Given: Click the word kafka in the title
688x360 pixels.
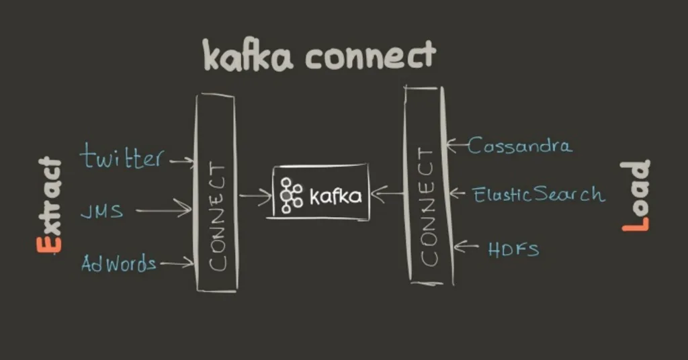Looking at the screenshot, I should pos(248,56).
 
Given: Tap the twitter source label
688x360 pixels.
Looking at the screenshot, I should pos(122,157).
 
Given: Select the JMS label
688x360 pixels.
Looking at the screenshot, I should pos(101,212).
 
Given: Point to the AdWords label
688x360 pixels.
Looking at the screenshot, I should pos(118,263).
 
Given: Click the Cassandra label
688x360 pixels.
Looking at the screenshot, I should pos(520,145).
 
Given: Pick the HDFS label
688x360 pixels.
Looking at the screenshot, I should pos(513,249).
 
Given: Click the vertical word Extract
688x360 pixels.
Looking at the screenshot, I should pos(49,205).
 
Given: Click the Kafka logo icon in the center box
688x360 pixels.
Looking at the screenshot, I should pos(291,195).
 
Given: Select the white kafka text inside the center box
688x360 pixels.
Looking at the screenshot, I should pos(335,196).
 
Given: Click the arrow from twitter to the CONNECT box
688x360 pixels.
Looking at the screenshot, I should pos(181,161).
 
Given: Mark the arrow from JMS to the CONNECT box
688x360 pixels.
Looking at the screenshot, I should pos(164,210).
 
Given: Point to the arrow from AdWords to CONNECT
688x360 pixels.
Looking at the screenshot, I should pos(176,264).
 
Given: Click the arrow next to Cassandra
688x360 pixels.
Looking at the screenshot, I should pos(456,144).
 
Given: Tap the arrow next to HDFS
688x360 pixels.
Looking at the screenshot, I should pos(464,247).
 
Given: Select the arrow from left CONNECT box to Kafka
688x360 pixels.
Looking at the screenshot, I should pos(255,196).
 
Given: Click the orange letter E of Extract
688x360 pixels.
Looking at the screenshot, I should pos(49,242).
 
